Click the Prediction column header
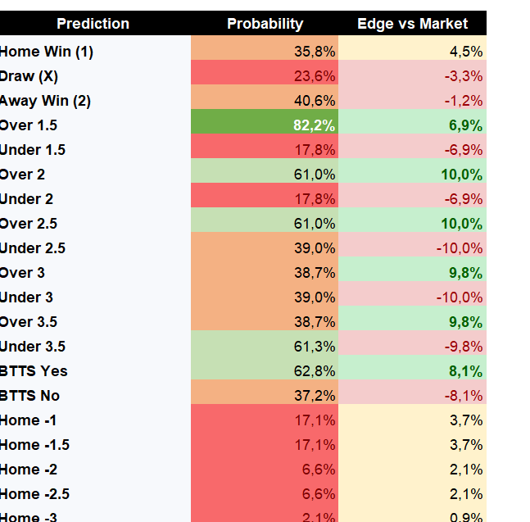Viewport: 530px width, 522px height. (x=93, y=24)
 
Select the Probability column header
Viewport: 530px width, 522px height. (x=265, y=24)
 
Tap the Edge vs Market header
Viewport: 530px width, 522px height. (x=412, y=24)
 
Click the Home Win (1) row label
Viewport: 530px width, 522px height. (x=47, y=52)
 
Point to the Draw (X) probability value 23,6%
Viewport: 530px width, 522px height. (x=315, y=76)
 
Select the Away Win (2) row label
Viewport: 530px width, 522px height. (x=45, y=101)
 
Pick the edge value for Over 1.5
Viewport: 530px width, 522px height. (x=465, y=125)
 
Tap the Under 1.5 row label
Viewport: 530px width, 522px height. (x=33, y=150)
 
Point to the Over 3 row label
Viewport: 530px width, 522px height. (x=22, y=273)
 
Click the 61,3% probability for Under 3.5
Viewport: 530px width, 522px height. (x=315, y=347)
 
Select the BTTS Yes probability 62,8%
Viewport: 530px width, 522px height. (x=315, y=371)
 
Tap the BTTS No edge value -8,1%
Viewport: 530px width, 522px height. (x=464, y=396)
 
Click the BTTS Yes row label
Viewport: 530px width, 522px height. (x=34, y=371)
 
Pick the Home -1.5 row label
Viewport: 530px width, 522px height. (x=34, y=445)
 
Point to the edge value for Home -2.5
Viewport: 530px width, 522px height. (x=466, y=494)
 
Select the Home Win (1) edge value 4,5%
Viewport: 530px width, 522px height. (x=466, y=52)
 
